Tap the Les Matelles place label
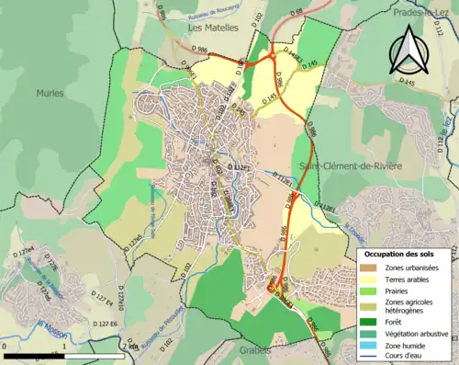point(213,28)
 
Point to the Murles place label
point(50,93)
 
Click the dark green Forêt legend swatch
point(367,321)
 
